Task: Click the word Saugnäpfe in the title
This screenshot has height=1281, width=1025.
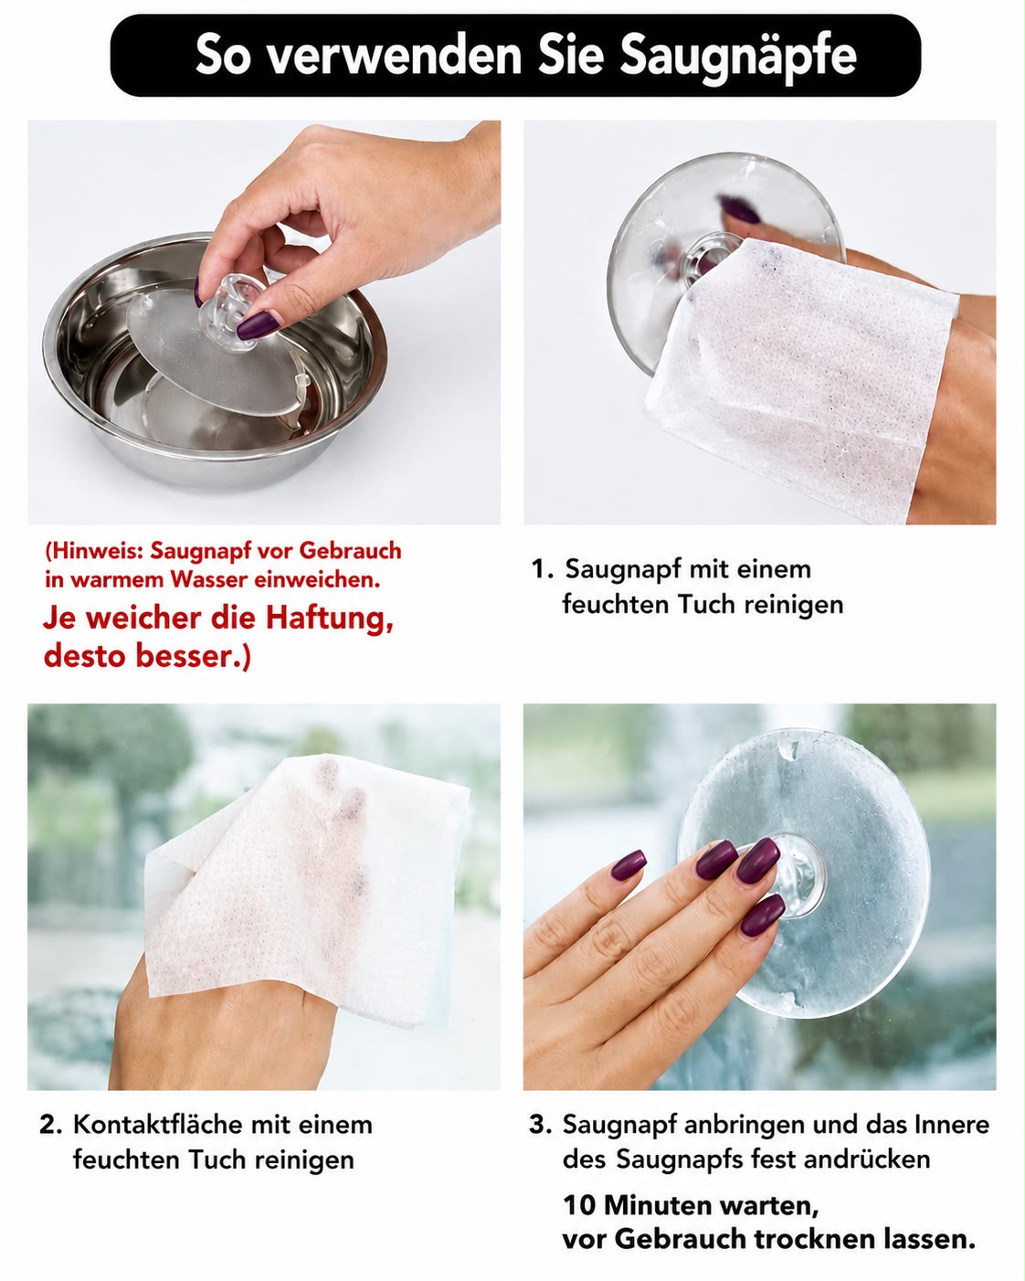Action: tap(737, 58)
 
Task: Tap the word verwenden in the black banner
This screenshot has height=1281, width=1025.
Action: tap(394, 56)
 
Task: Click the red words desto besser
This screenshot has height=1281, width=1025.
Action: tap(147, 655)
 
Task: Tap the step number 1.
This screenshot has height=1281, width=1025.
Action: tap(541, 568)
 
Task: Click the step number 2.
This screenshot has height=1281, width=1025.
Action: tap(50, 1124)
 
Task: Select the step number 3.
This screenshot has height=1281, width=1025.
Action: tap(539, 1124)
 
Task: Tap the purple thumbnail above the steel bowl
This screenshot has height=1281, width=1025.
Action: tap(258, 325)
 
